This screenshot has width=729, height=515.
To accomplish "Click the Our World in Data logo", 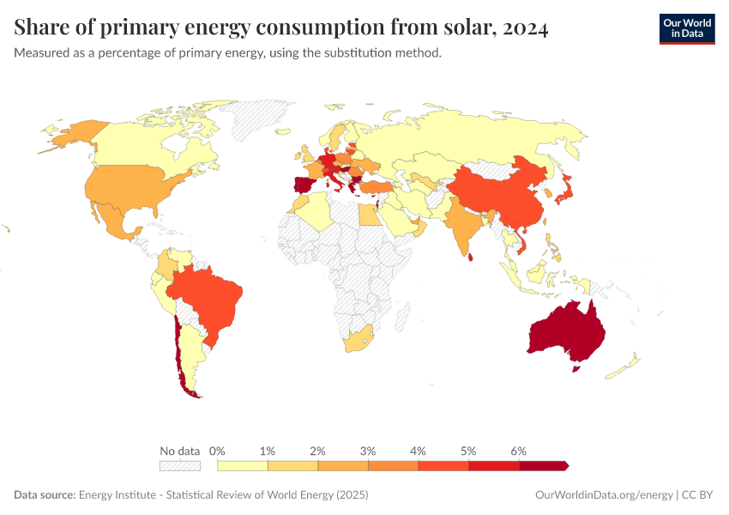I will (x=686, y=28).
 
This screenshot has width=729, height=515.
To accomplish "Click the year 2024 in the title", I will (x=521, y=28).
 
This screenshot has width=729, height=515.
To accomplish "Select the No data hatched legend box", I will (x=179, y=465).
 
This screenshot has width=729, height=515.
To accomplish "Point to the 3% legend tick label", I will (x=369, y=451).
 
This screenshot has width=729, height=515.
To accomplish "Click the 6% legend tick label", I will (x=519, y=451).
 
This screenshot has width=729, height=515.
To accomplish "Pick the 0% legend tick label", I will (x=218, y=451).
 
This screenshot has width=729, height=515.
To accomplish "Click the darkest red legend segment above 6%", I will (x=543, y=465).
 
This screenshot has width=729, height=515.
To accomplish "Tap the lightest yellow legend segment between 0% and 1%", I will (x=243, y=465).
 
